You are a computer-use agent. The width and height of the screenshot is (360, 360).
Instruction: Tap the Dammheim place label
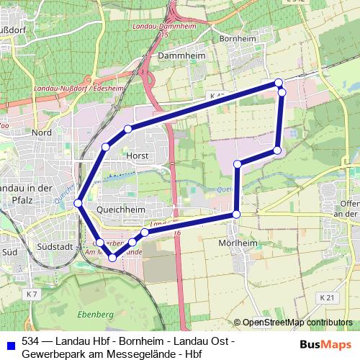pyautogui.click(x=176, y=55)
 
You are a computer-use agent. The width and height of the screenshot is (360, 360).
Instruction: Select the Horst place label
pyautogui.click(x=136, y=156)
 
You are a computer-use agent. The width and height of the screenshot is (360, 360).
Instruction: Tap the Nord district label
pyautogui.click(x=41, y=132)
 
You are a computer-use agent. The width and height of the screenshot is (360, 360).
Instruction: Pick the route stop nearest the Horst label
pyautogui.click(x=127, y=130)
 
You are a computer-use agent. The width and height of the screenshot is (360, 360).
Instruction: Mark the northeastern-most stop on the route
pyautogui.click(x=279, y=84)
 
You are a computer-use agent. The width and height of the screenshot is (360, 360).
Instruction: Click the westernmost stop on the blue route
pyautogui.click(x=78, y=204)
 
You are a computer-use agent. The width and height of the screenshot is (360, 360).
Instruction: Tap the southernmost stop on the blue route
pyautogui.click(x=112, y=257)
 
